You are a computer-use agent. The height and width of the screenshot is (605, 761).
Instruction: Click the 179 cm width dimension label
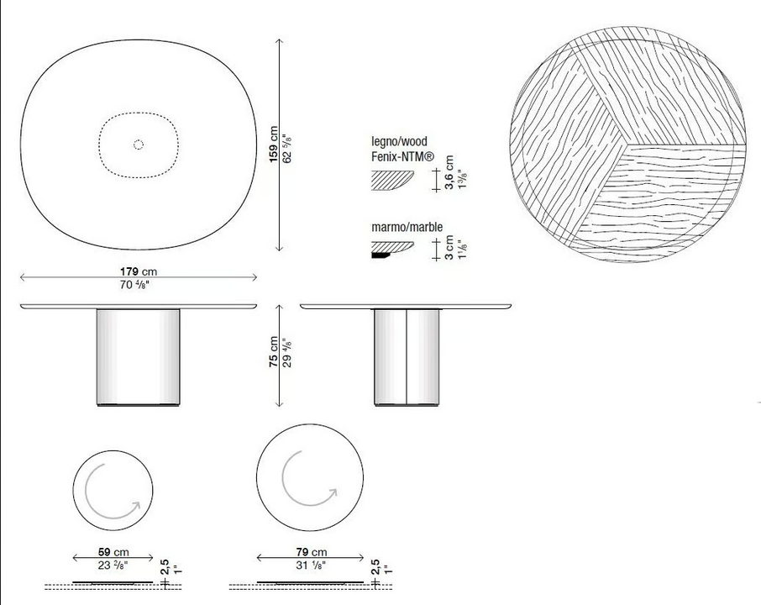tap(139, 271)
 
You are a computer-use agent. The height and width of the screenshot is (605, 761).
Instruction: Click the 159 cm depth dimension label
tap(274, 145)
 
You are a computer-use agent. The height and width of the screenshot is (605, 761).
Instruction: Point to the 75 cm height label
tap(274, 351)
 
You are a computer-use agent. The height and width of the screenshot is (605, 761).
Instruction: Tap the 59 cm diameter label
tap(113, 552)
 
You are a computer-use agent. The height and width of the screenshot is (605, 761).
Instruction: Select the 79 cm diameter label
tap(311, 552)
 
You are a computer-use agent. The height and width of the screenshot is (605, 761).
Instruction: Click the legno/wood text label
tap(400, 142)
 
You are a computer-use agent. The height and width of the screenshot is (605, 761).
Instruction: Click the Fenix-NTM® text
tap(403, 156)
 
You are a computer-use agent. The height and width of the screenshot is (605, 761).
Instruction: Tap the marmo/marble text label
tap(407, 227)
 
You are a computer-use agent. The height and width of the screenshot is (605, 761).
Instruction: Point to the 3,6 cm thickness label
tap(449, 172)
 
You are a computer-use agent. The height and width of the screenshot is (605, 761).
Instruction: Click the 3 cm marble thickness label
tap(449, 248)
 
